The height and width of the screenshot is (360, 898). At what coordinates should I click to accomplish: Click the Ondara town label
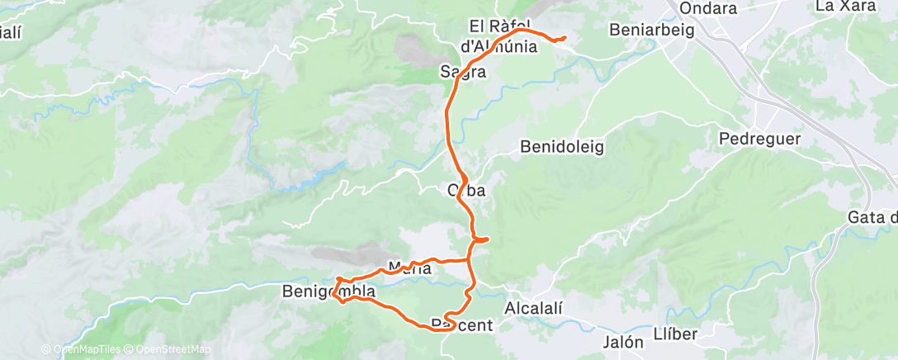pos(708,9)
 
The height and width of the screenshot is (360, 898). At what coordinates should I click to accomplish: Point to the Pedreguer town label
pos(759,139)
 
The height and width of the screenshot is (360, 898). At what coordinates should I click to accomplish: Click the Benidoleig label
pos(562,147)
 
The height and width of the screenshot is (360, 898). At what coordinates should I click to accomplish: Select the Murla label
pos(409,268)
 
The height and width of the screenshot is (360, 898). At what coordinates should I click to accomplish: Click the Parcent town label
pos(461,325)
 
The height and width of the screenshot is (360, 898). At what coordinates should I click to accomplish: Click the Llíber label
pos(675,334)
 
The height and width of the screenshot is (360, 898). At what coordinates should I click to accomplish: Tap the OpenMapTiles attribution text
pos(83,350)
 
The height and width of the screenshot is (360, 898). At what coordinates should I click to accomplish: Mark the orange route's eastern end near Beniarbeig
pos(565,38)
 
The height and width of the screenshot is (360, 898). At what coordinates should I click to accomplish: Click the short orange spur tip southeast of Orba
pos(489,239)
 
